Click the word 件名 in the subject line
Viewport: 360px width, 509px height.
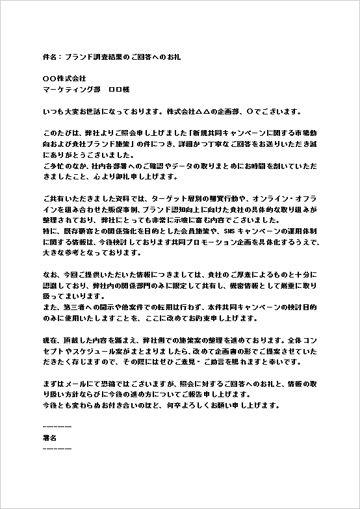49,57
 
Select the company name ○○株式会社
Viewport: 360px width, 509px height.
64,79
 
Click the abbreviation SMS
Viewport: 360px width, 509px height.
230,231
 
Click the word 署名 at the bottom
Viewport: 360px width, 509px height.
50,437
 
